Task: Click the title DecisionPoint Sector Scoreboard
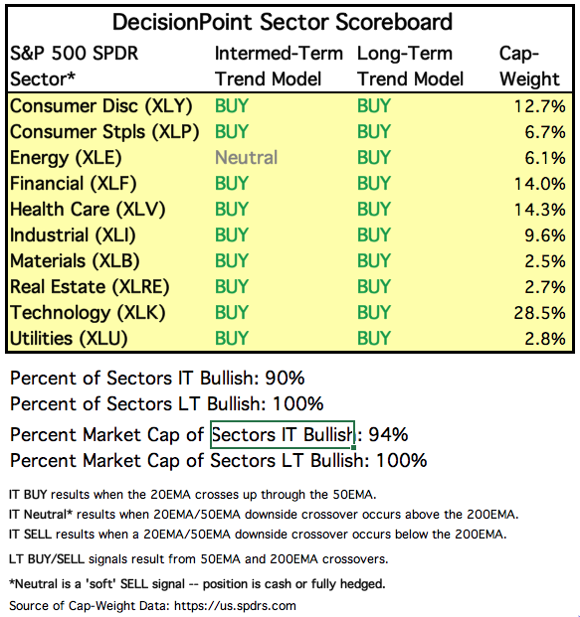pos(283,22)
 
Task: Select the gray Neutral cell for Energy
pos(247,157)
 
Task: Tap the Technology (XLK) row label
pos(88,313)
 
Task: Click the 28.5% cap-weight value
pos(540,313)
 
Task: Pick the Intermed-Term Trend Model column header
pos(279,67)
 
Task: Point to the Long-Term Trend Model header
pos(410,67)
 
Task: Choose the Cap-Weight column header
pos(529,67)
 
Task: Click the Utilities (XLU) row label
pos(69,339)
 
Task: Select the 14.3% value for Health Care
pos(540,210)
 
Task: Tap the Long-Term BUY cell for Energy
pos(374,157)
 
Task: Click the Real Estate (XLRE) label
pos(90,287)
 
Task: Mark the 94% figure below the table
pos(388,435)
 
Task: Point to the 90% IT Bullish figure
pos(285,379)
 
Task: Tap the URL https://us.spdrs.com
pos(235,606)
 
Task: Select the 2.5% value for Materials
pos(545,261)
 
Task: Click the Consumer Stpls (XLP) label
pos(104,132)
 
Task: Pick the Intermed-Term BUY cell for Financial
pos(232,184)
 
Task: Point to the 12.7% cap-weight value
pos(540,106)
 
